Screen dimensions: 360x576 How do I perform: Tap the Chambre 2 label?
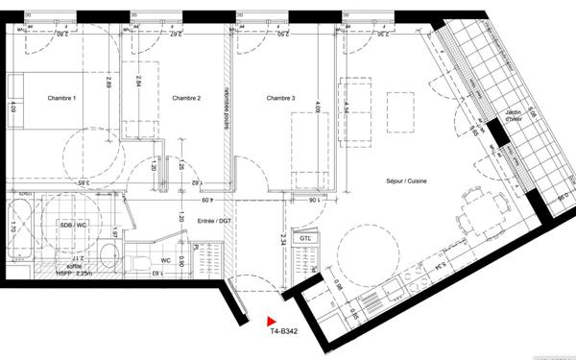point(185,99)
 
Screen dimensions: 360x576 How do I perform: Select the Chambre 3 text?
point(281,99)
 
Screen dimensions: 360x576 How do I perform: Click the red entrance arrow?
point(272,323)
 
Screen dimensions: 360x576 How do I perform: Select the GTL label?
point(305,237)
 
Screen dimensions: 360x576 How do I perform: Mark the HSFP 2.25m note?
point(73,273)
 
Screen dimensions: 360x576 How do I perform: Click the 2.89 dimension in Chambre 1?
point(109,85)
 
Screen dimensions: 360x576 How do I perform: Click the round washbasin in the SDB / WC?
point(108,254)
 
